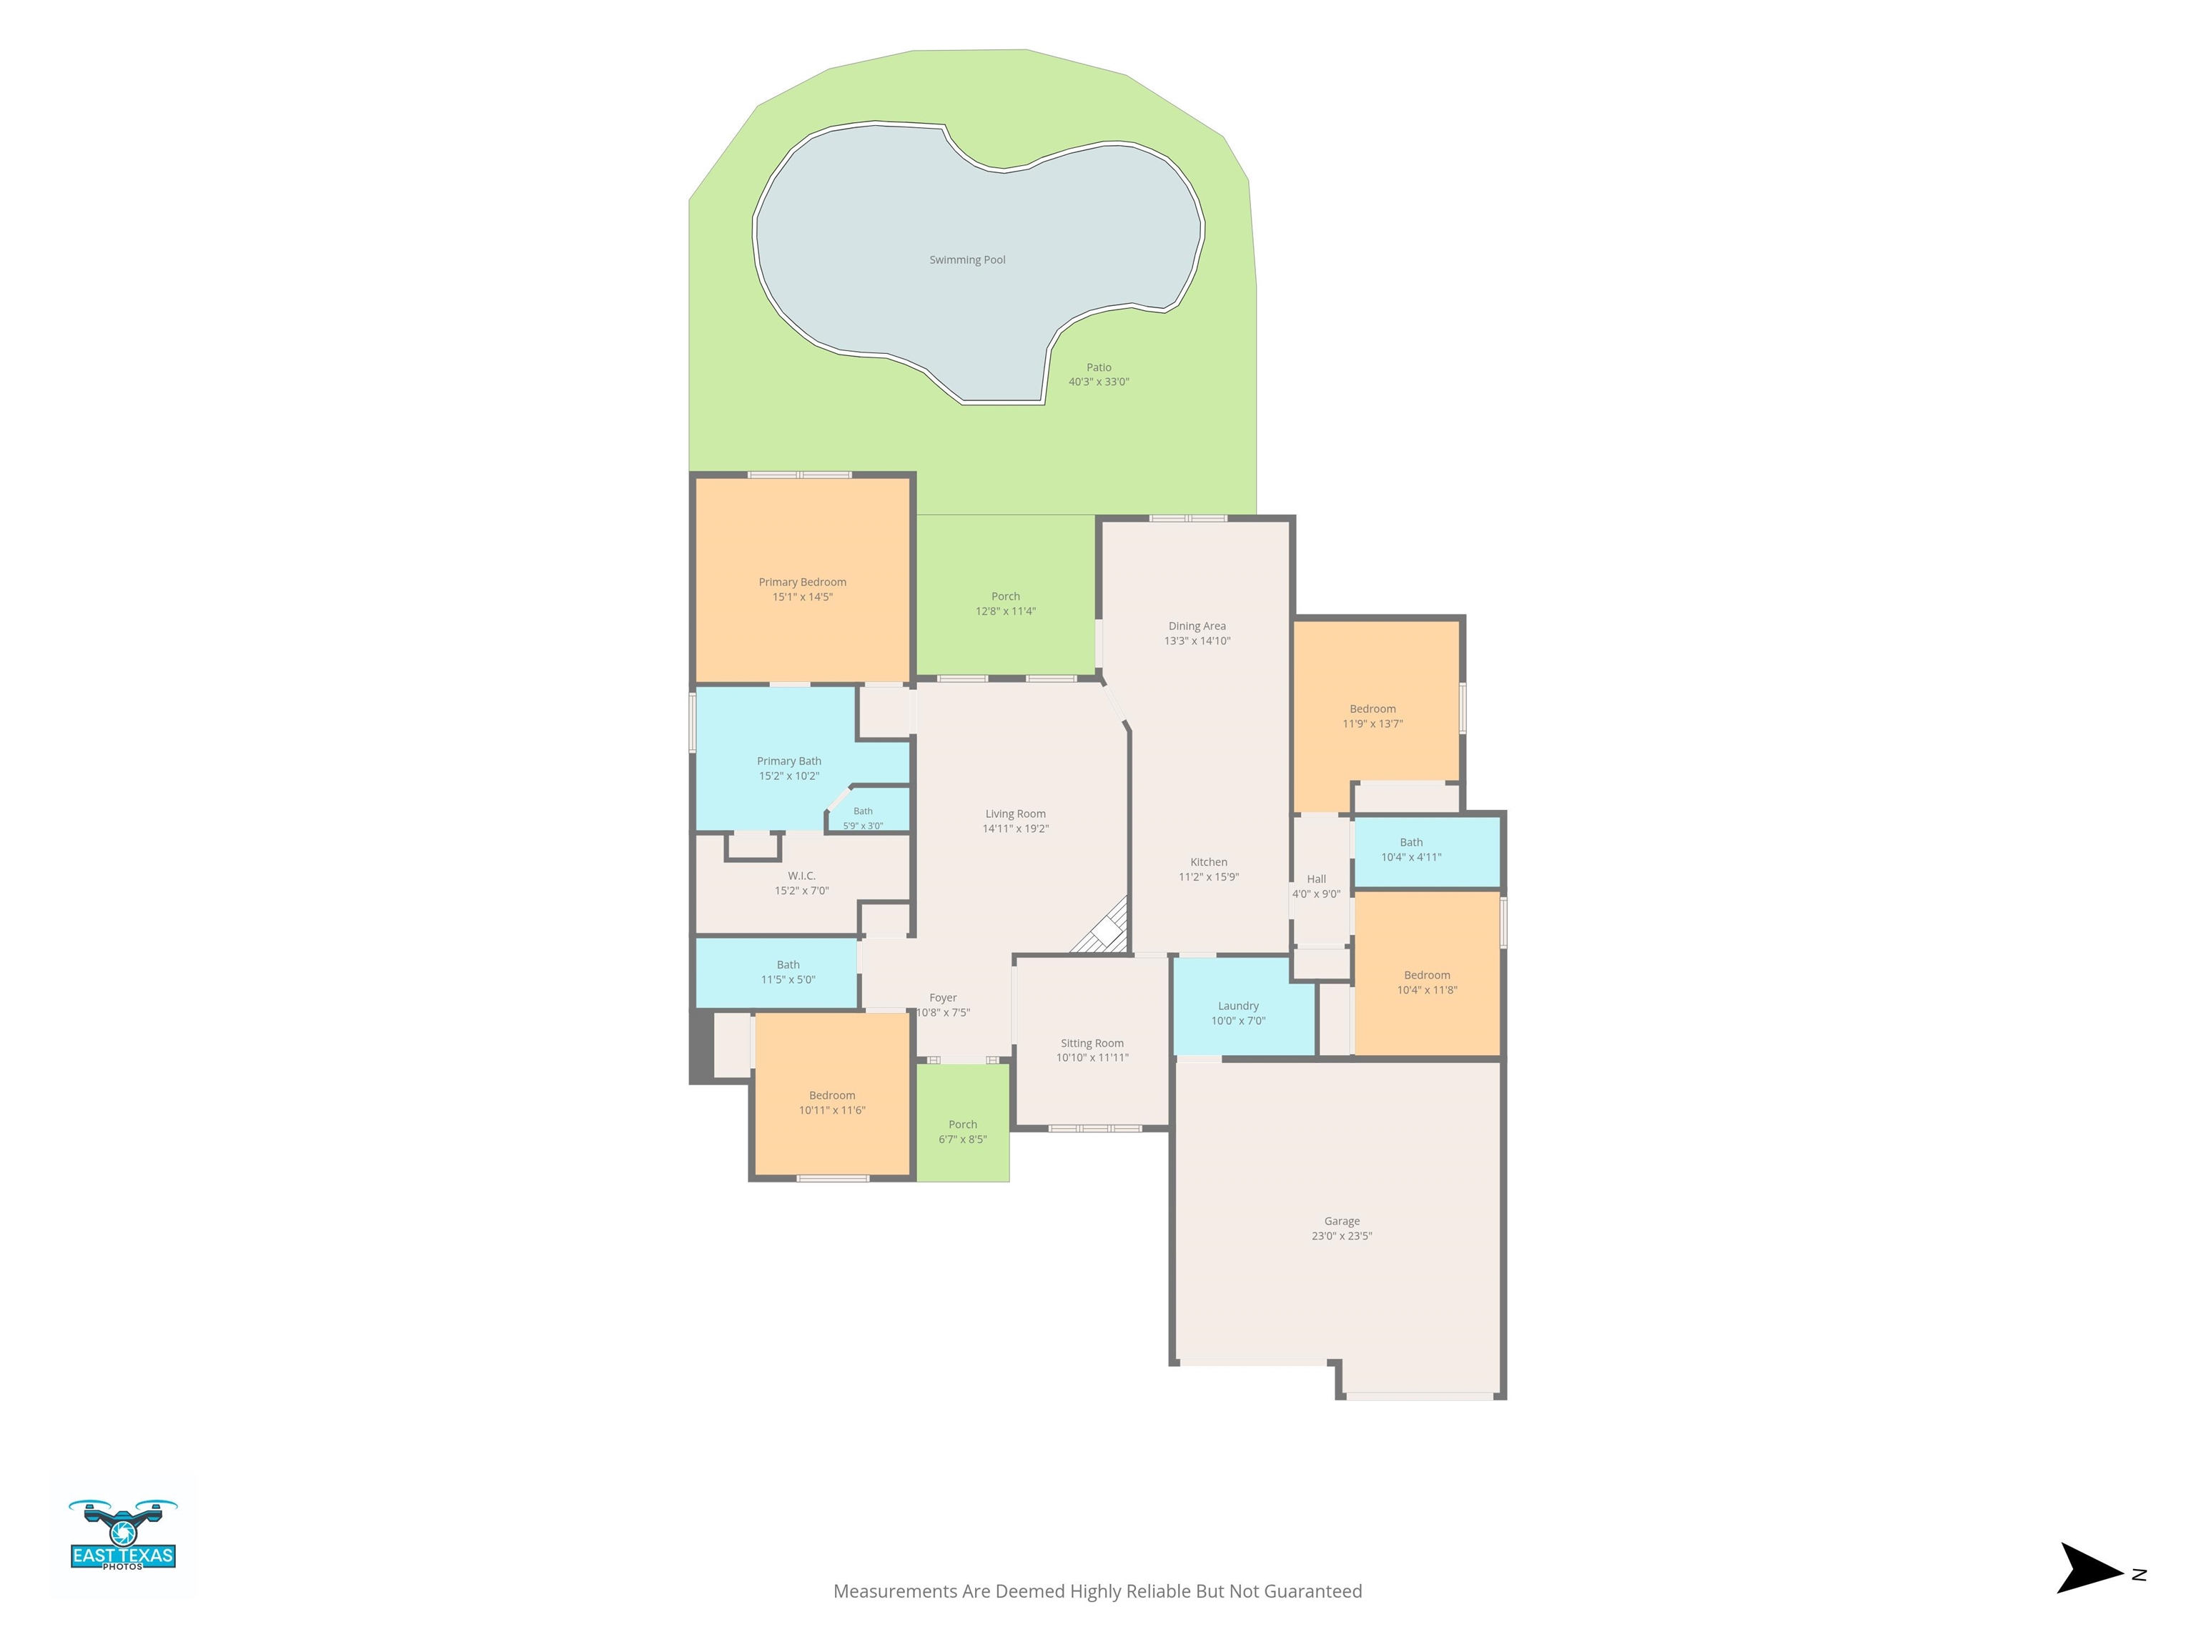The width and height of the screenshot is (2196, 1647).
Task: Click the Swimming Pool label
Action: [x=967, y=260]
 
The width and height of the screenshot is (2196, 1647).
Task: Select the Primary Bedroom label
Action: [x=802, y=583]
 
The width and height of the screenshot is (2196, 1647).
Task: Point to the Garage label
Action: [x=1341, y=1221]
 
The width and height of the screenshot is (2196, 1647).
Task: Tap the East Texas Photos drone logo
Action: [x=123, y=1535]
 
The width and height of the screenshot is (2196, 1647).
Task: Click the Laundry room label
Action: [x=1238, y=1006]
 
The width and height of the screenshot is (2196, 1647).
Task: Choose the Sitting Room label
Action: [x=1092, y=1044]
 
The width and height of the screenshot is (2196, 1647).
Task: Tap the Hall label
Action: [x=1317, y=879]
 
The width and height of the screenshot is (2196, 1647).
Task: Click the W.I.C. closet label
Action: [x=801, y=876]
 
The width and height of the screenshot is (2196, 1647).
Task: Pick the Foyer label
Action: [x=943, y=998]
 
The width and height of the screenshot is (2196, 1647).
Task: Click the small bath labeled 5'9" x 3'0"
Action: [x=863, y=818]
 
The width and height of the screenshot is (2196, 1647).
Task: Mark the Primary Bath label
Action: [x=789, y=761]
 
